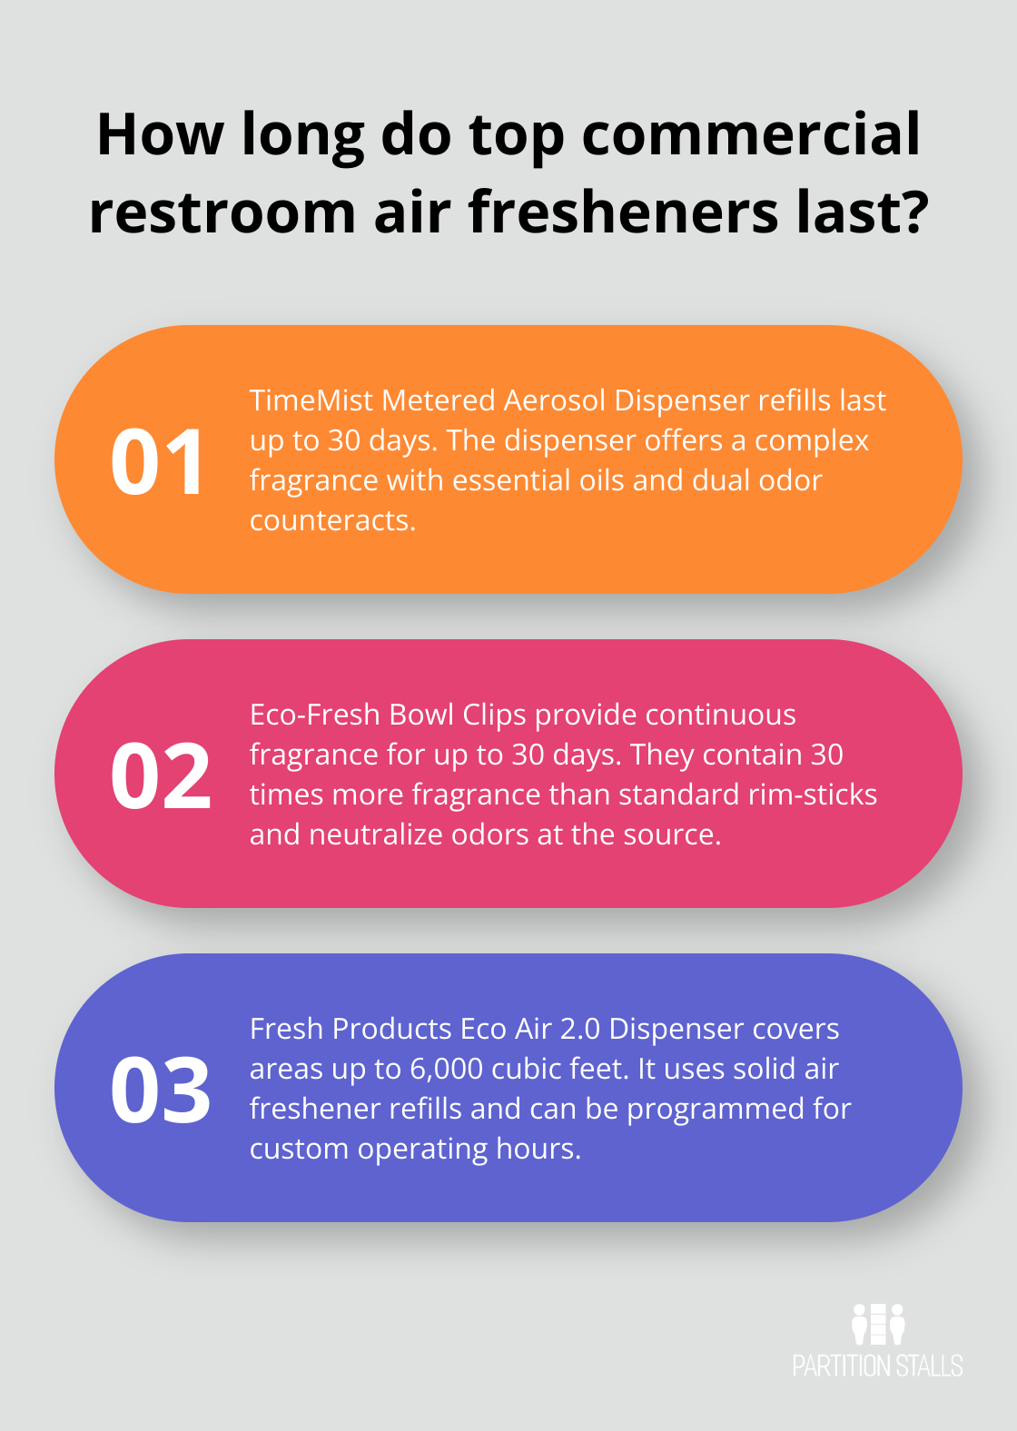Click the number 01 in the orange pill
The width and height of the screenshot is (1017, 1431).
pos(157,461)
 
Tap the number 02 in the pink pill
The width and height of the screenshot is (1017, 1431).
pos(161,775)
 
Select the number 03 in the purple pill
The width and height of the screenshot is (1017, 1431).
pos(161,1090)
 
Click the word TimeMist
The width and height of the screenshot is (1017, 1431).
pos(311,400)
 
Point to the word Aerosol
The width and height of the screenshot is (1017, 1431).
pos(555,400)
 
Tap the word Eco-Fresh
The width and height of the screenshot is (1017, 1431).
pos(315,715)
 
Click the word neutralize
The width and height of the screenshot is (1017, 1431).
pos(376,834)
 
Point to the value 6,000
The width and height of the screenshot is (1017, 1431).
pos(446,1070)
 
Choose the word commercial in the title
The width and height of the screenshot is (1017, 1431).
pos(751,134)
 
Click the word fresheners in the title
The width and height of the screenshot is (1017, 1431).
pos(623,211)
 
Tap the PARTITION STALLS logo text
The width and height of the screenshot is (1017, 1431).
pos(878,1366)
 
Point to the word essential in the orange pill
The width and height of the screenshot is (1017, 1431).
pos(509,480)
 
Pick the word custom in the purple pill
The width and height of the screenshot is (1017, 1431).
pos(299,1150)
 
